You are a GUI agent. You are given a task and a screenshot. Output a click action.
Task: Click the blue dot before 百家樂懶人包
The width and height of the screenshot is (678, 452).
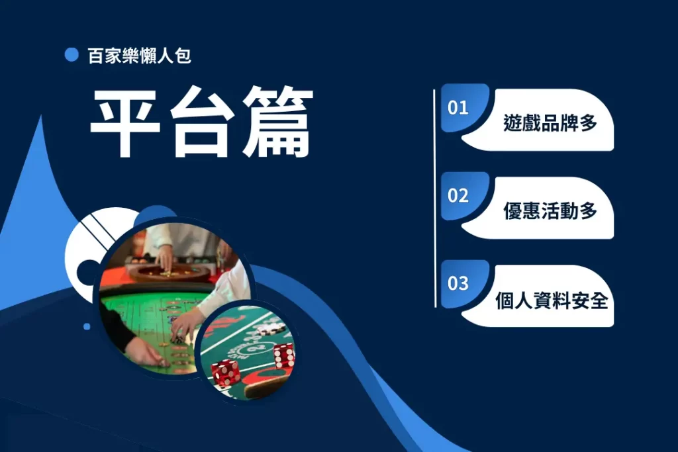pos(72,55)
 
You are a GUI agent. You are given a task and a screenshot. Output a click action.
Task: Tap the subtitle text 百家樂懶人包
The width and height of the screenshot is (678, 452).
pos(139,56)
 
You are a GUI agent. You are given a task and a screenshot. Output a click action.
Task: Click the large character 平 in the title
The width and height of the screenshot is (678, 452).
pos(125,123)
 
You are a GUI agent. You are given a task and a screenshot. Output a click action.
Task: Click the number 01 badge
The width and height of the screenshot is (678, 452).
pos(458,108)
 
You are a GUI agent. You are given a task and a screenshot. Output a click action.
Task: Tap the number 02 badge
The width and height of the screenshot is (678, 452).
pos(458,196)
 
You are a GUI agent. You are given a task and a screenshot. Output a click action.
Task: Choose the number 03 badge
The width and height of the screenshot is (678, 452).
pos(458,284)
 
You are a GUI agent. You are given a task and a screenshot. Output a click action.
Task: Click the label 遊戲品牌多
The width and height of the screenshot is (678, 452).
pos(550,122)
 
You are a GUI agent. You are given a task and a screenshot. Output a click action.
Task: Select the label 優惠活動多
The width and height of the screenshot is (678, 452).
pos(550,211)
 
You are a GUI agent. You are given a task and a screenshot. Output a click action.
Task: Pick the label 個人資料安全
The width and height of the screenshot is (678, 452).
pos(552,300)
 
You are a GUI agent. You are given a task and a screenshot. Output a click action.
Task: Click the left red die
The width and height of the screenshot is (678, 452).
pos(225,373)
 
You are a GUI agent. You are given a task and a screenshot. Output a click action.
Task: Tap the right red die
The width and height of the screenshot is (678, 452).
pos(284,356)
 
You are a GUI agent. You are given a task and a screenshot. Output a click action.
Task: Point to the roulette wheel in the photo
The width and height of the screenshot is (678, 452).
pos(169,272)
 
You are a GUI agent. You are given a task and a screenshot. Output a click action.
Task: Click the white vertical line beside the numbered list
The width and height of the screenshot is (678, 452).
pos(434,199)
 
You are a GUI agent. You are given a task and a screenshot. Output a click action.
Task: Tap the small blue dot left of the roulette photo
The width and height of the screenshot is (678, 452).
pos(87,327)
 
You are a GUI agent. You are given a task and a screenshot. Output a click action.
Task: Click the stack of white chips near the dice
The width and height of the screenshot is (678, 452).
pos(270,330)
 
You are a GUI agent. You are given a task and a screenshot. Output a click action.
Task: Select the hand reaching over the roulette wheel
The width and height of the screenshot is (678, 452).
pos(165,258)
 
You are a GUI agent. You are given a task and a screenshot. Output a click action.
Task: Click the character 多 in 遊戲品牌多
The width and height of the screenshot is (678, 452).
pos(588,122)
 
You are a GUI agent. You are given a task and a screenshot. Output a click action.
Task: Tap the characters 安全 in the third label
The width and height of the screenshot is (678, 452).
pos(590,300)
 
